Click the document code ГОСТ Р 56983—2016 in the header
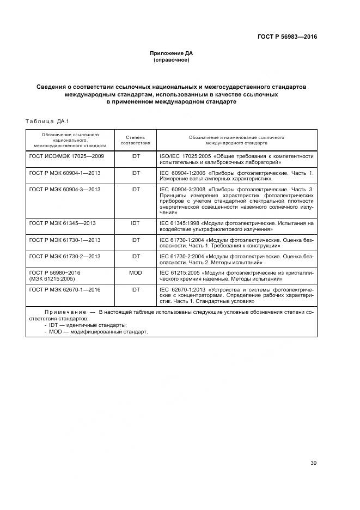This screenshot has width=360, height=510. pos(287,37)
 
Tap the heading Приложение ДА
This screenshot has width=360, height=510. pos(172,53)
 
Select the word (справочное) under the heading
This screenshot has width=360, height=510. pos(172,60)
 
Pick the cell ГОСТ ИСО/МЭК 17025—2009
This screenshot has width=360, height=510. pos(66,156)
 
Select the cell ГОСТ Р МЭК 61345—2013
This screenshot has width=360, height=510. pos(62,223)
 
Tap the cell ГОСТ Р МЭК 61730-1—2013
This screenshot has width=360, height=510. pos(65,240)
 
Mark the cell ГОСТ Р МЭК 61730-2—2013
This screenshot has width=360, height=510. pos(65,256)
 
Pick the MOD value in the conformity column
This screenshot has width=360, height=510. pos(135,272)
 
